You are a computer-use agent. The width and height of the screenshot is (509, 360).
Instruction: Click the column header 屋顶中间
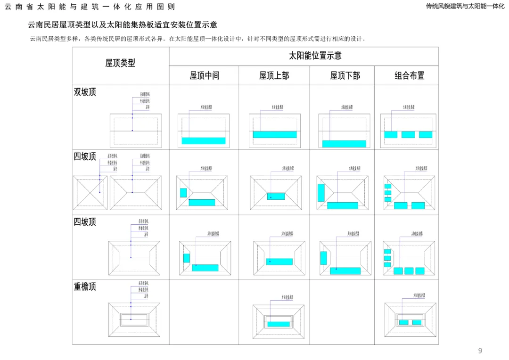click(x=204, y=75)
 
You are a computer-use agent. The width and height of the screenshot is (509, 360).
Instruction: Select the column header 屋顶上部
click(x=274, y=75)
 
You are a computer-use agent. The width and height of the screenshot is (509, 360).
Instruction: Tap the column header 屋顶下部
click(x=345, y=75)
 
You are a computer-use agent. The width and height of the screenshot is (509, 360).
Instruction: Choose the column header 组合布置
click(x=409, y=75)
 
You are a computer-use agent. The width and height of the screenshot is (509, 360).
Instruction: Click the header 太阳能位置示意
click(x=315, y=56)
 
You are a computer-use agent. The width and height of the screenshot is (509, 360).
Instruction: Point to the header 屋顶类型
click(x=120, y=63)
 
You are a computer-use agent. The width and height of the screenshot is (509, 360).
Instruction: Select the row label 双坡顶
click(x=85, y=92)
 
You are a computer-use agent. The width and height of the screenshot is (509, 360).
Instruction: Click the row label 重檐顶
click(x=85, y=286)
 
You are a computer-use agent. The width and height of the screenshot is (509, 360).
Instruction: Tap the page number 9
click(x=480, y=351)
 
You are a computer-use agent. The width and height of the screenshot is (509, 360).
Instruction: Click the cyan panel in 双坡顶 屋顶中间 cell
click(x=204, y=140)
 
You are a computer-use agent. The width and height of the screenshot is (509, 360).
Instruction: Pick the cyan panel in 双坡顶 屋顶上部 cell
click(x=275, y=134)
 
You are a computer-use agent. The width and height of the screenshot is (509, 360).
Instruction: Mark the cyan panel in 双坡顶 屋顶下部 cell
click(x=344, y=144)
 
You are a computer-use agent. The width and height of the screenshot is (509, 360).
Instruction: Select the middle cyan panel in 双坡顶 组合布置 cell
click(x=408, y=134)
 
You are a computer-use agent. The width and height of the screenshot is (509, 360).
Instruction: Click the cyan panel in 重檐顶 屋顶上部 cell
click(x=279, y=324)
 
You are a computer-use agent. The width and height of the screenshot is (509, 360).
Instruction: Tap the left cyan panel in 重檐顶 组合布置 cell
click(x=403, y=322)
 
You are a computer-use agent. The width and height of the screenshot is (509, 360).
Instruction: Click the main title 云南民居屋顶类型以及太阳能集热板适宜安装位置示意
click(x=123, y=25)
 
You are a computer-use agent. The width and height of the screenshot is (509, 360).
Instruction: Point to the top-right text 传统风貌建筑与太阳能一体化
click(x=465, y=6)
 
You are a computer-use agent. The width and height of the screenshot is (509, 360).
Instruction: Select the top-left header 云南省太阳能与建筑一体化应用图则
click(x=90, y=7)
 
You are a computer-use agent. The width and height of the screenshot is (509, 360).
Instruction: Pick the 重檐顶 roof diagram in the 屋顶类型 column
click(x=131, y=319)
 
